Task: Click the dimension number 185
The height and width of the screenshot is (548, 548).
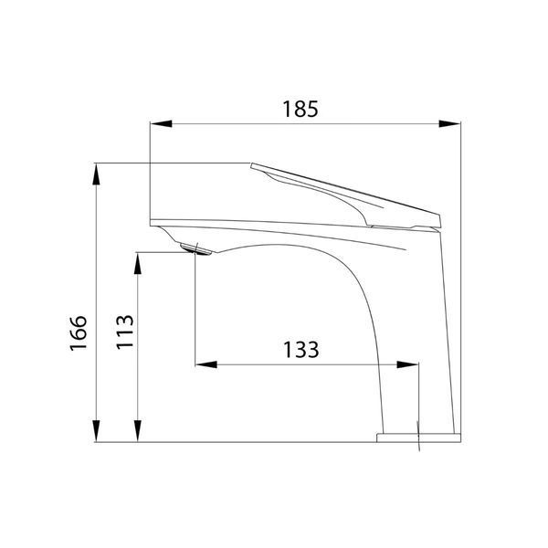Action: coord(300,109)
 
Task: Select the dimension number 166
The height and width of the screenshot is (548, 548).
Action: coord(78,332)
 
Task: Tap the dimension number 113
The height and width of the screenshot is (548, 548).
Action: coord(125,332)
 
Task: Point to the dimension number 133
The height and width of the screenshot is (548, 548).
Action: coord(300,350)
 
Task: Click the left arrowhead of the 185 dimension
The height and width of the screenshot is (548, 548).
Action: coord(161,123)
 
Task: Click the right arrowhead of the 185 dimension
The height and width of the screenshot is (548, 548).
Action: coord(449,123)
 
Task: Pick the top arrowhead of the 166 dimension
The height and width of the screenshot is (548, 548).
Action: coord(96,174)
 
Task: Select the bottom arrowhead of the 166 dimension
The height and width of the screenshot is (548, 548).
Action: coord(96,431)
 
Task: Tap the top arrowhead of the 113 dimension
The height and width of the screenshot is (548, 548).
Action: coord(138,263)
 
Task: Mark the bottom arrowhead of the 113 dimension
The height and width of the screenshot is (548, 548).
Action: coord(138,431)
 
